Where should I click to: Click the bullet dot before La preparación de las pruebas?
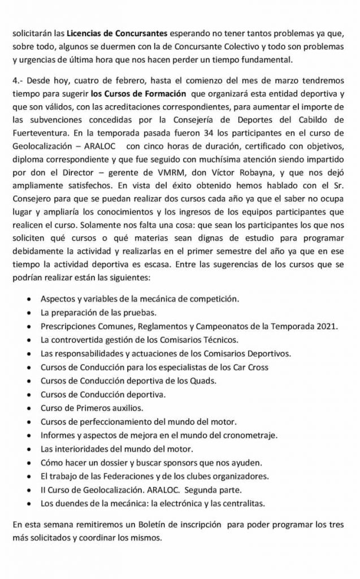(29, 313)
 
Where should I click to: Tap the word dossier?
(105, 462)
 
